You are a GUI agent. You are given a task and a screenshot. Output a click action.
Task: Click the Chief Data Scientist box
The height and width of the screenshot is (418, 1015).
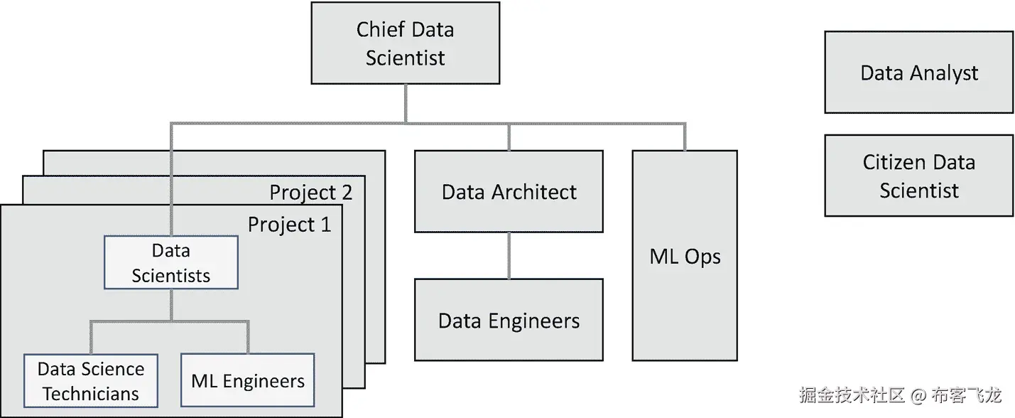pyautogui.click(x=405, y=43)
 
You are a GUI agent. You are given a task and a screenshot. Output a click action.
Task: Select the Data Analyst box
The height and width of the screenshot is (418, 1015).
pyautogui.click(x=918, y=73)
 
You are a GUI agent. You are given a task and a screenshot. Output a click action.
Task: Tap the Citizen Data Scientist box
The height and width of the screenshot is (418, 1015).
pyautogui.click(x=918, y=176)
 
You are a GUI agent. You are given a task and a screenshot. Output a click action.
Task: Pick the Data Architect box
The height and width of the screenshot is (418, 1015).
pyautogui.click(x=509, y=191)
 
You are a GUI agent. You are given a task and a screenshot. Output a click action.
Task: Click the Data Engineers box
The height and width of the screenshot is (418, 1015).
pyautogui.click(x=509, y=320)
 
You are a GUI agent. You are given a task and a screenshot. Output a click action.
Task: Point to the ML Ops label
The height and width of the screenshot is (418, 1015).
pyautogui.click(x=685, y=256)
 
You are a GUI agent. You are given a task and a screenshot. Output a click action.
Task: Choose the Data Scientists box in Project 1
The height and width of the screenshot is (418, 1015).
pyautogui.click(x=171, y=263)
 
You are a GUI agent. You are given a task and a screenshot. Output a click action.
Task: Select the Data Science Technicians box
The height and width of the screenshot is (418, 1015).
pyautogui.click(x=91, y=381)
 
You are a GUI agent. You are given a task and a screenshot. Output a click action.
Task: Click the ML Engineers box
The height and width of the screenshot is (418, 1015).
pyautogui.click(x=247, y=380)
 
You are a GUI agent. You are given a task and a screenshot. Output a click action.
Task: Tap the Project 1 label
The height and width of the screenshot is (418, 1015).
pyautogui.click(x=289, y=225)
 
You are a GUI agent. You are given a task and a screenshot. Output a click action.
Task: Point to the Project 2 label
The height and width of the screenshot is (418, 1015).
pyautogui.click(x=310, y=192)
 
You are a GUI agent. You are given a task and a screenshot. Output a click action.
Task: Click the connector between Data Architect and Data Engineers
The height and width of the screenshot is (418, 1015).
pyautogui.click(x=509, y=255)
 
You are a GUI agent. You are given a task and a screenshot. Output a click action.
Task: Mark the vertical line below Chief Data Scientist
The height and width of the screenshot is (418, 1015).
pyautogui.click(x=406, y=103)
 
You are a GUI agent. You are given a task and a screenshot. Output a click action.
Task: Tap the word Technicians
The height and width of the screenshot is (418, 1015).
pyautogui.click(x=91, y=393)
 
